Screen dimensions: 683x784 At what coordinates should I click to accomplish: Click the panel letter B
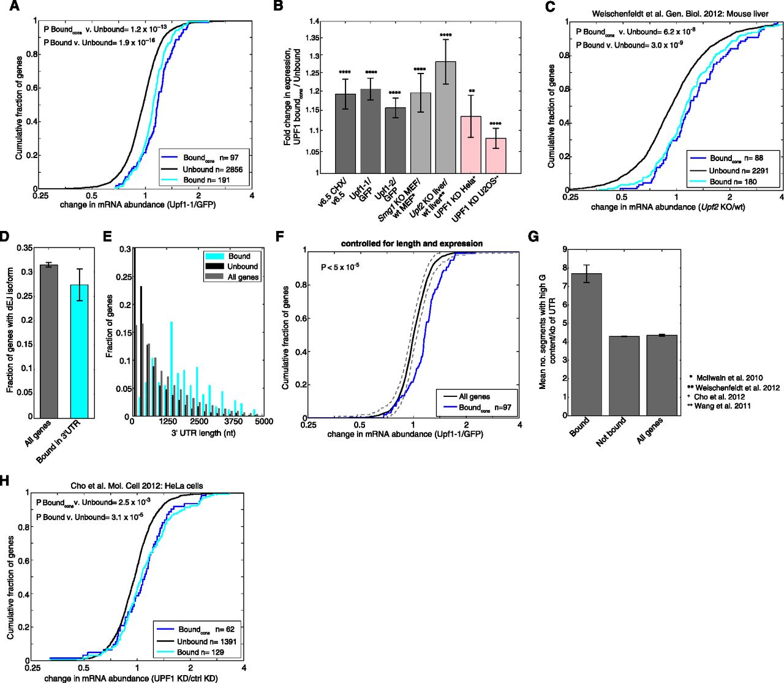coord(277,7)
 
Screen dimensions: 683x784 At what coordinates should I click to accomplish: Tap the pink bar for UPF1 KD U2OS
coord(496,156)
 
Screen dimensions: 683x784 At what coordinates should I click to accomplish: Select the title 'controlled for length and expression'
coord(412,243)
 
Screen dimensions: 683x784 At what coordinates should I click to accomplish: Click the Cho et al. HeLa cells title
coord(137,486)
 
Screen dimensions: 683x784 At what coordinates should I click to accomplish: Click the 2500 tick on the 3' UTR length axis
coord(197,422)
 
